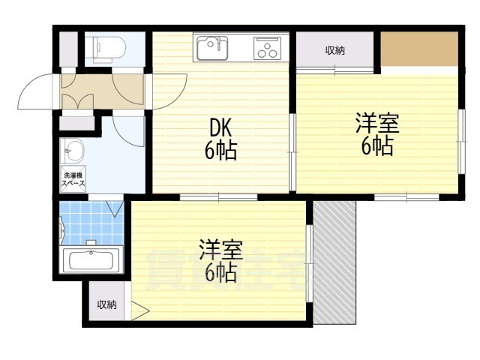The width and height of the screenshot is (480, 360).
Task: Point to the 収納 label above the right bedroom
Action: [x=334, y=51]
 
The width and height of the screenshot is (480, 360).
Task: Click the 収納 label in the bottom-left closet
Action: [x=106, y=304]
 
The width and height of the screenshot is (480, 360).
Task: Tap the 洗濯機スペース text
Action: [x=73, y=181]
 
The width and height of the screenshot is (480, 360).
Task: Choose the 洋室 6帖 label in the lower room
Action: [x=219, y=259]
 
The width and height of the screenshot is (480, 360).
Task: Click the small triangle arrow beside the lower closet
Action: [x=140, y=308]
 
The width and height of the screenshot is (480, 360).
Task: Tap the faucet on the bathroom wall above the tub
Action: [x=91, y=242]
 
